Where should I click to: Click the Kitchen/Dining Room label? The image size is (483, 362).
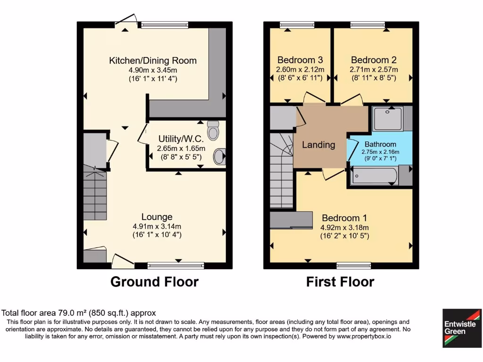(153, 60)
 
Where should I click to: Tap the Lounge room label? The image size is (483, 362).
(157, 217)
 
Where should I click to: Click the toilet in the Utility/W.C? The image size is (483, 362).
(214, 130)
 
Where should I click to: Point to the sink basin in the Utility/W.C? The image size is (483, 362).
(219, 157)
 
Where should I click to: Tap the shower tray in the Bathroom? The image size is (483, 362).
(388, 118)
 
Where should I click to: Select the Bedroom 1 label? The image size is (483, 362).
(344, 218)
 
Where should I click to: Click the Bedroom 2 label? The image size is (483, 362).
(374, 60)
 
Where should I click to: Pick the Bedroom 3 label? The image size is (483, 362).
(300, 60)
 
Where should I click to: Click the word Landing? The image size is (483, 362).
(318, 145)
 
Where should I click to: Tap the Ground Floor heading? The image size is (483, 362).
(154, 282)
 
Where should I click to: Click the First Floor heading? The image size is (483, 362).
(340, 282)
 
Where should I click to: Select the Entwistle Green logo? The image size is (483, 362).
(462, 328)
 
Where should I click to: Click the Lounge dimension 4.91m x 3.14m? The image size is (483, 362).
(157, 226)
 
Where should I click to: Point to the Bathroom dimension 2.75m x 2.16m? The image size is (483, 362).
(380, 152)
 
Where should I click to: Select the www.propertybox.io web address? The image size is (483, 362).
(363, 337)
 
